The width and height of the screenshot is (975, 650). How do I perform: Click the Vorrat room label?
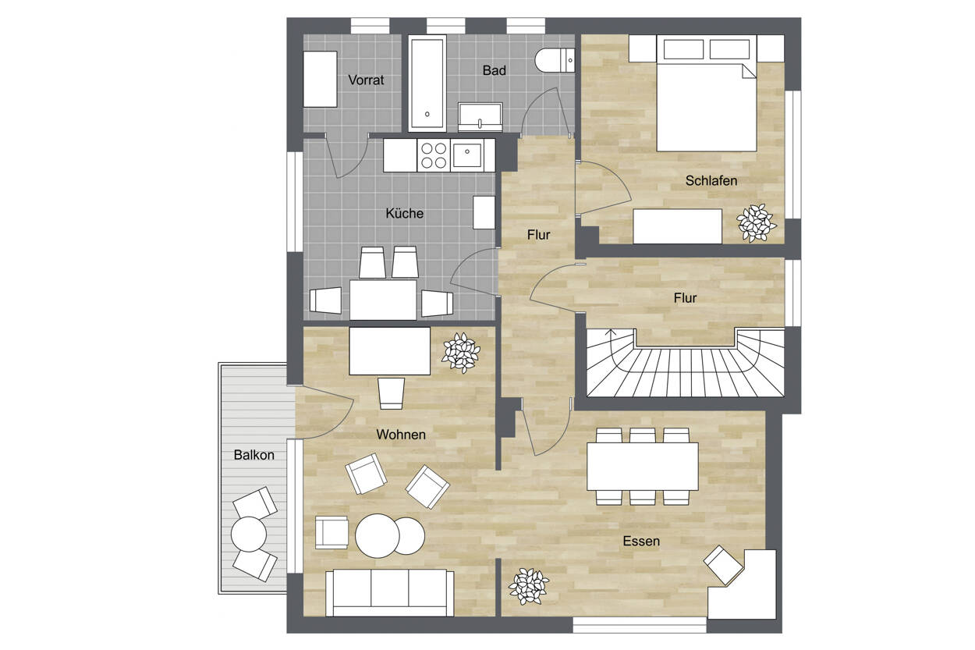tap(366, 80)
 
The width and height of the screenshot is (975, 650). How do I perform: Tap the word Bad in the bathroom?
tap(494, 70)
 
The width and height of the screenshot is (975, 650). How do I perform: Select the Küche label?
tap(404, 213)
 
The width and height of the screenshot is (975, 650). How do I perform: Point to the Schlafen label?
tap(711, 181)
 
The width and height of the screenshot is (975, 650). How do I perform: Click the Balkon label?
tap(253, 455)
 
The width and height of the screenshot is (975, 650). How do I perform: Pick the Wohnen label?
tap(401, 435)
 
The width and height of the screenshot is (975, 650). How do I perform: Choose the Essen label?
tap(641, 542)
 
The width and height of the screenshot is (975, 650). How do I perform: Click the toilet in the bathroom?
tap(555, 61)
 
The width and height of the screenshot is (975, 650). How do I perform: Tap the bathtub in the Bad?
tap(427, 83)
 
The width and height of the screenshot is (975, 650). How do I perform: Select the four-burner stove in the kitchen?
tap(434, 155)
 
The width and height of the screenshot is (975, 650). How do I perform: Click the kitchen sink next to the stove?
tap(467, 155)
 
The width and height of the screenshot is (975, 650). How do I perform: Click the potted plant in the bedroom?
tap(756, 222)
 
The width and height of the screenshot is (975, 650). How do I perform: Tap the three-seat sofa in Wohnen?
tap(389, 592)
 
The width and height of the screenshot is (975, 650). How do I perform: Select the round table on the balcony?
tap(249, 534)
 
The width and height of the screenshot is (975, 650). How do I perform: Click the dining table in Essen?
tap(643, 467)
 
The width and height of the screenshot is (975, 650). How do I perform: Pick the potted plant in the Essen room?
tap(528, 586)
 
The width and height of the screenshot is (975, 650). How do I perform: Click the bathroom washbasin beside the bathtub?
tap(480, 117)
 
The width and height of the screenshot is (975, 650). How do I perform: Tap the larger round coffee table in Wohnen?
tap(377, 536)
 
